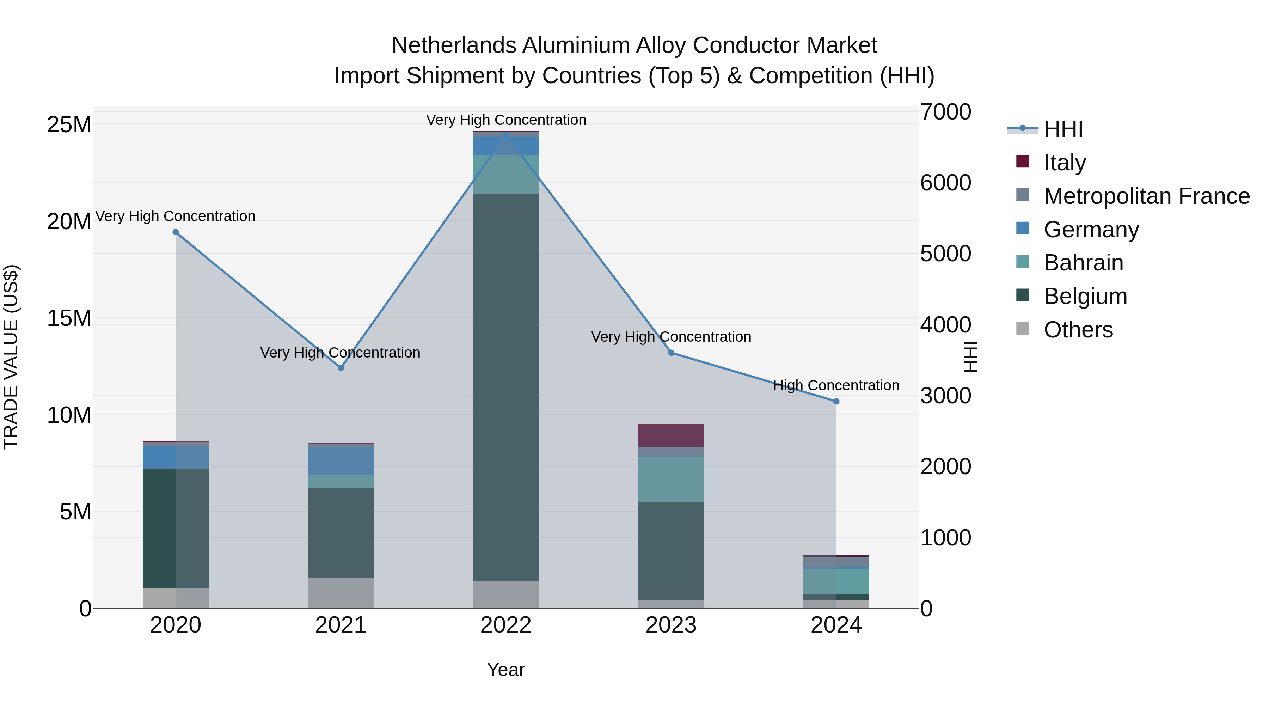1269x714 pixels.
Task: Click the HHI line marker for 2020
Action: [x=176, y=232]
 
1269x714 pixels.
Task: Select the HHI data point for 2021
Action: [x=341, y=368]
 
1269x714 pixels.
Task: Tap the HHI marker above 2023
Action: [x=671, y=353]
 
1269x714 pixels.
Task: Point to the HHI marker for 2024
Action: [x=836, y=402]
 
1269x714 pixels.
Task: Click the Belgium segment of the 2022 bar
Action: [x=506, y=387]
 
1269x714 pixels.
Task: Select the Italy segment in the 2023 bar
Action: [x=671, y=435]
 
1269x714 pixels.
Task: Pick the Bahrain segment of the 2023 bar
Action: [x=671, y=479]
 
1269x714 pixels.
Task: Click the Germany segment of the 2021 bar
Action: [x=341, y=460]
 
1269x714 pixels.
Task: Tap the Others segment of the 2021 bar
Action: [x=341, y=592]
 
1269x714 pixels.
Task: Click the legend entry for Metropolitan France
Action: [x=1146, y=196]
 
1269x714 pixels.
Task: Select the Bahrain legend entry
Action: [x=1083, y=263]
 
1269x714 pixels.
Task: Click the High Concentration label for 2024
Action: [x=836, y=385]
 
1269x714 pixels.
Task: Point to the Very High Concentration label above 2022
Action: [x=506, y=120]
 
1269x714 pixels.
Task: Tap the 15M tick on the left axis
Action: [x=69, y=318]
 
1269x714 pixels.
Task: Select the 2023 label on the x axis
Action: [x=671, y=625]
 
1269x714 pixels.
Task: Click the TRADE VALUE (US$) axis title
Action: [x=11, y=357]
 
